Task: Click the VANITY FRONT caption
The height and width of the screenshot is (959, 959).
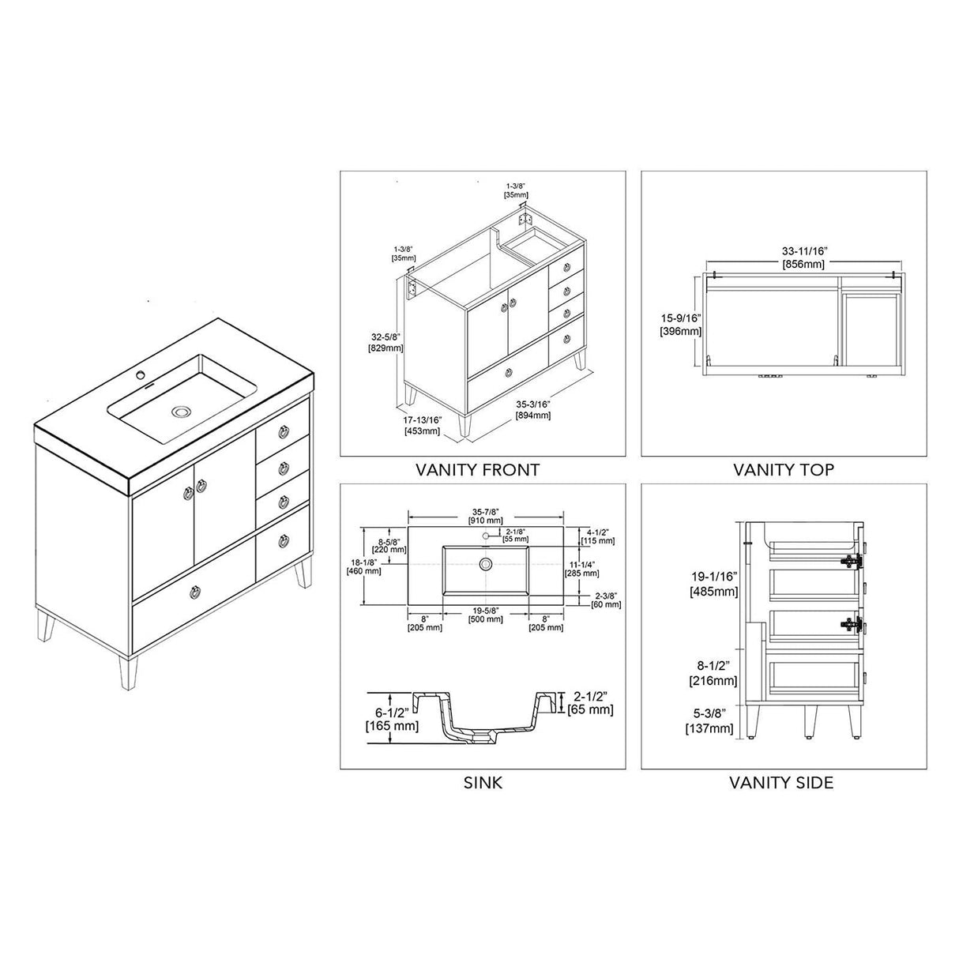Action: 478,470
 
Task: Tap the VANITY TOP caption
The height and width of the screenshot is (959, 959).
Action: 783,470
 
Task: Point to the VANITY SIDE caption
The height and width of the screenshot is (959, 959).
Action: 781,783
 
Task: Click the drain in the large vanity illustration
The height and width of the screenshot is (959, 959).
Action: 182,411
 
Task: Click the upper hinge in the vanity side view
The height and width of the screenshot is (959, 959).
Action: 851,560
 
